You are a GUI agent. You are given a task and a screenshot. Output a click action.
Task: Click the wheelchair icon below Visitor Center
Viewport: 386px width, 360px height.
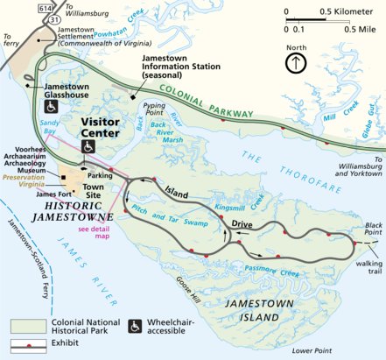pyautogui.click(x=88, y=145)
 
